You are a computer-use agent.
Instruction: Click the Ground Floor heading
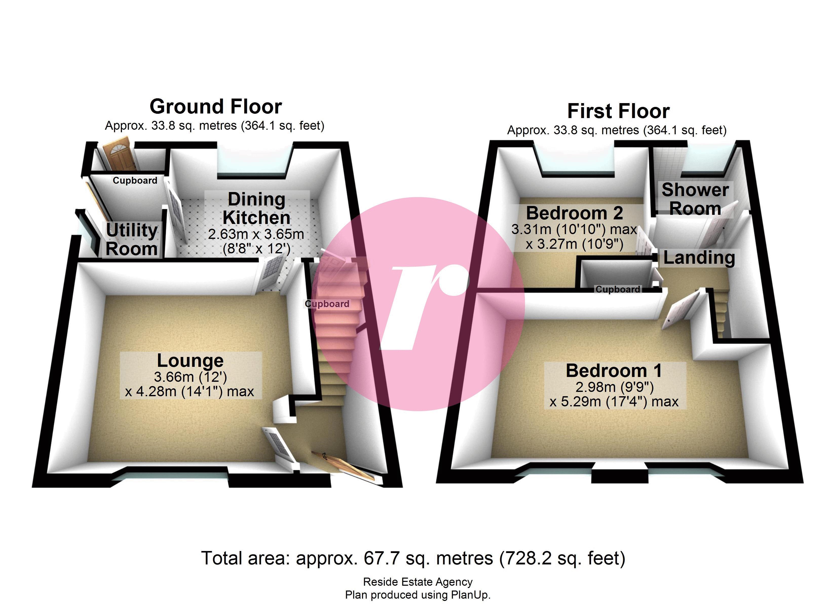click(x=216, y=107)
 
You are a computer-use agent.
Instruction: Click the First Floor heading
click(x=618, y=111)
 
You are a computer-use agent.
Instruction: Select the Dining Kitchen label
click(x=257, y=208)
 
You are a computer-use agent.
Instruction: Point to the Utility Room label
click(x=132, y=240)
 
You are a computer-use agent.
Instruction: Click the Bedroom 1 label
click(x=614, y=371)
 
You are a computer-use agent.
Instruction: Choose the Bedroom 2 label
click(x=574, y=213)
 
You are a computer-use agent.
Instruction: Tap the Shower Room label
click(x=695, y=199)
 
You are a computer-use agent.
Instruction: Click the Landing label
click(x=699, y=258)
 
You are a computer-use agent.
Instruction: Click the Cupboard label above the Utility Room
click(x=135, y=181)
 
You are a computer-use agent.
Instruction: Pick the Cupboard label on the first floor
click(x=618, y=290)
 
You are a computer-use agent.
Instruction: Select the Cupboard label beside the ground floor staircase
click(x=327, y=304)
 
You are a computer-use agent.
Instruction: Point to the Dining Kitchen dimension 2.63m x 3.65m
click(x=256, y=234)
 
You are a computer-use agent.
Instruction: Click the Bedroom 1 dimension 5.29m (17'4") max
click(x=614, y=402)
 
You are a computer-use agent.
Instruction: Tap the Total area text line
click(x=413, y=558)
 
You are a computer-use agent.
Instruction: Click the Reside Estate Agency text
click(x=418, y=582)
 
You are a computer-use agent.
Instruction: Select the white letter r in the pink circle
click(x=424, y=306)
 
